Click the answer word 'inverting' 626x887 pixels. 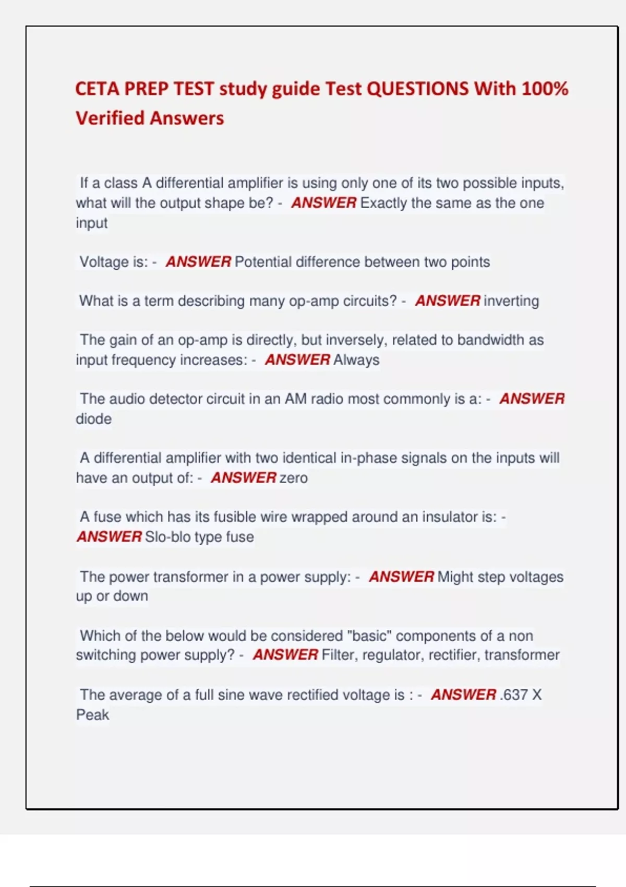tap(511, 301)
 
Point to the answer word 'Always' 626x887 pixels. tap(356, 359)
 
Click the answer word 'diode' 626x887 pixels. tap(94, 418)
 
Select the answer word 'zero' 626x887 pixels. tap(294, 477)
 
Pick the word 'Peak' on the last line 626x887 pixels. tap(93, 714)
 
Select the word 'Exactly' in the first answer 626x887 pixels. tap(383, 202)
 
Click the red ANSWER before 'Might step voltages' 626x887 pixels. tap(401, 577)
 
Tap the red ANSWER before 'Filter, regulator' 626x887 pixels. tap(285, 655)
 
